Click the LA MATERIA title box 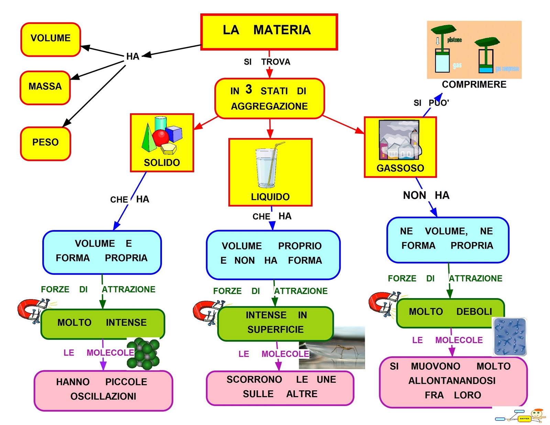click(x=269, y=32)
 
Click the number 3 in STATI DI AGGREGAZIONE click(x=249, y=89)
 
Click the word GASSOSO click(x=400, y=168)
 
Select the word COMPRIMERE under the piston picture click(x=474, y=85)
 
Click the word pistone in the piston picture click(x=454, y=40)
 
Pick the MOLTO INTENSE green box click(x=102, y=324)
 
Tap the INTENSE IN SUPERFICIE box click(x=275, y=323)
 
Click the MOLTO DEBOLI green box click(x=450, y=312)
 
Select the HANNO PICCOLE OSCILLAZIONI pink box click(x=103, y=390)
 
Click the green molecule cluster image click(x=144, y=354)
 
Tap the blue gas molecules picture click(x=510, y=337)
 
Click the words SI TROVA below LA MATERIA click(x=267, y=62)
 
